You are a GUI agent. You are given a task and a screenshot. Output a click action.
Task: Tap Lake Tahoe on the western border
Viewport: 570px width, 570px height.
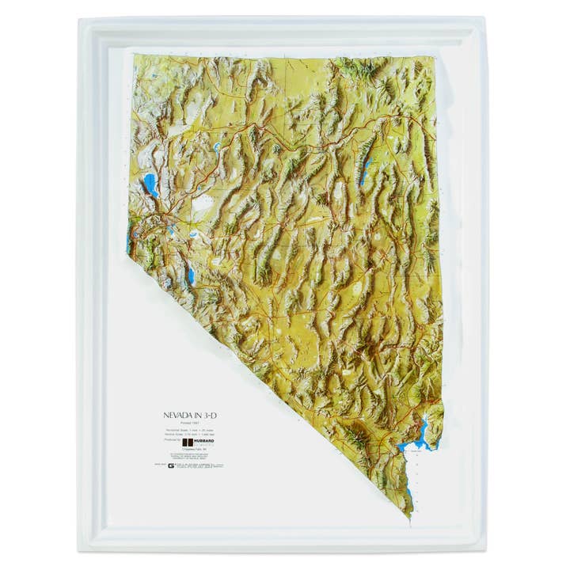pyautogui.click(x=131, y=241)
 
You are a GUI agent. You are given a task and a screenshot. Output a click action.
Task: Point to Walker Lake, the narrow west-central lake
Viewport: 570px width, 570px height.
pyautogui.click(x=191, y=275)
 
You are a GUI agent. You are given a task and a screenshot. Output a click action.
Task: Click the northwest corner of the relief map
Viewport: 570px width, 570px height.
pyautogui.click(x=135, y=55)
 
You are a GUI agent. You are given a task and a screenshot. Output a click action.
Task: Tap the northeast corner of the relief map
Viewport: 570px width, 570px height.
pyautogui.click(x=435, y=59)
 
